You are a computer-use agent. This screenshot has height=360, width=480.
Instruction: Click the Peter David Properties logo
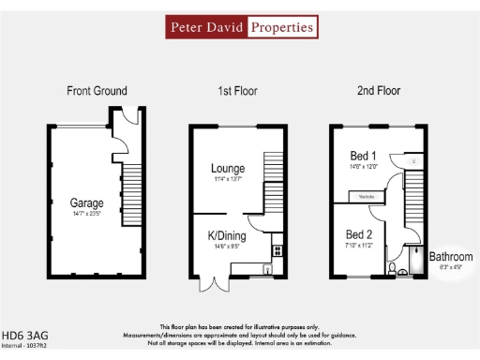click(x=241, y=27)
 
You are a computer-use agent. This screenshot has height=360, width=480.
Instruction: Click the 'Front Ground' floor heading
click(x=97, y=91)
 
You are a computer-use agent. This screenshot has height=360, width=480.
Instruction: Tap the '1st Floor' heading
click(x=237, y=91)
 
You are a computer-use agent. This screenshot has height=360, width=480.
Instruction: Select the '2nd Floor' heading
click(x=378, y=91)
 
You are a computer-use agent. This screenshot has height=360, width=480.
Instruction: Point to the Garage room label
click(x=86, y=202)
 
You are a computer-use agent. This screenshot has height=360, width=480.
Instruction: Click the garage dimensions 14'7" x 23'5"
click(x=86, y=214)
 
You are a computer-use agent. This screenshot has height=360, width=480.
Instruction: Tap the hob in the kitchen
click(x=277, y=250)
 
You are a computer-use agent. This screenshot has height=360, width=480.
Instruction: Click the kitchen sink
click(x=268, y=270)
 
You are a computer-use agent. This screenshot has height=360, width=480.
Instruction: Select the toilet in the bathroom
click(x=391, y=271)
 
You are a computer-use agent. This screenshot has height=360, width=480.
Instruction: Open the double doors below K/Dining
click(x=216, y=285)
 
